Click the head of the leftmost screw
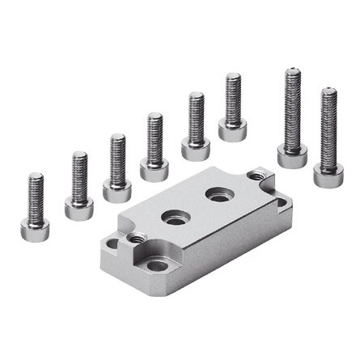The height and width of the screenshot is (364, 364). [x=35, y=230]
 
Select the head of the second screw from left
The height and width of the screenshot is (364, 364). [x=78, y=210]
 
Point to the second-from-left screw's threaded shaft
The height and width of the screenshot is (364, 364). [x=79, y=176]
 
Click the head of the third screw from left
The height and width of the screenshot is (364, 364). [x=117, y=191]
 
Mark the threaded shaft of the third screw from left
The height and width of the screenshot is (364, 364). [x=118, y=157]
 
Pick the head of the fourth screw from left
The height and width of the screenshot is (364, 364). [x=154, y=169]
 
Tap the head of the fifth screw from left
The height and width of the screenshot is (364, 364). [x=196, y=149]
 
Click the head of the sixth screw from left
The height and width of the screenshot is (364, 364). [x=232, y=129]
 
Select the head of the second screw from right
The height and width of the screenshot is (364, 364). [x=292, y=155]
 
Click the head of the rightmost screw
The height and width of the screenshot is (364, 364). [x=328, y=175]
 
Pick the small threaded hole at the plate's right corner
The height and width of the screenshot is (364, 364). [x=256, y=175]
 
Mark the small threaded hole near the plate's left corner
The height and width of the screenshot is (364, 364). [x=137, y=238]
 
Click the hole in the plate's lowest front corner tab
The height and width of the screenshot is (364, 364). [x=157, y=265]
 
